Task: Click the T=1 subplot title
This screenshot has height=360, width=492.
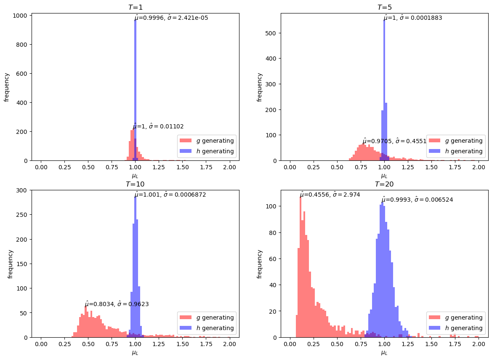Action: coord(135,7)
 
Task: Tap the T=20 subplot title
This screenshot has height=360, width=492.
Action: coord(384,184)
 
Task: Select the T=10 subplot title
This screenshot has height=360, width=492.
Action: coord(135,184)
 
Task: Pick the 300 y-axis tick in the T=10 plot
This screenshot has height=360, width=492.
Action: coord(22,190)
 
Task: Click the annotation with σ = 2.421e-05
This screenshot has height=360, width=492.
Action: coord(171,18)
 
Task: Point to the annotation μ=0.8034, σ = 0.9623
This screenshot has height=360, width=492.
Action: coord(117,304)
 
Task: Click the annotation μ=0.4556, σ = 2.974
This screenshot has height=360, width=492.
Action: coord(330,195)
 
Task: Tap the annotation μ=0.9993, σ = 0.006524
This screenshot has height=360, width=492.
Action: coord(417,200)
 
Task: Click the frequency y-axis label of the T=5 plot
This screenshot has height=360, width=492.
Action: coord(260,87)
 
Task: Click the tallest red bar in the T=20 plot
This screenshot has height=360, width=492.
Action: coord(301,265)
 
